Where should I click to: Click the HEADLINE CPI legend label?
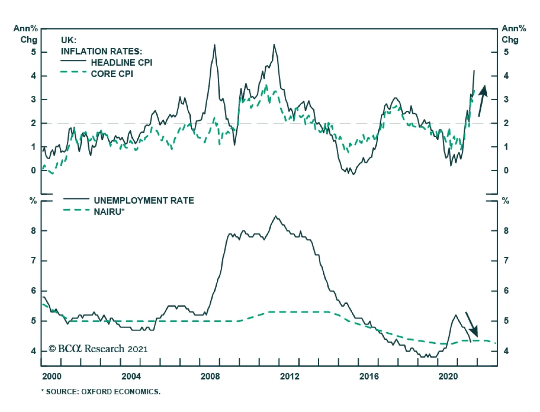(122, 63)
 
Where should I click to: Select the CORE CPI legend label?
(112, 74)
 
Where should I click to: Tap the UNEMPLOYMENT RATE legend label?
(144, 200)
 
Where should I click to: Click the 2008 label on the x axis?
(210, 376)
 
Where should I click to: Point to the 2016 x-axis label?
(369, 376)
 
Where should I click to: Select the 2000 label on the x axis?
(52, 376)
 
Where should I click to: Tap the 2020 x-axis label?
(448, 376)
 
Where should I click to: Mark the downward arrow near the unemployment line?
(472, 324)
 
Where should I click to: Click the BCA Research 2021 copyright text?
(98, 349)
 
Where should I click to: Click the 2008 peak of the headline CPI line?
(215, 45)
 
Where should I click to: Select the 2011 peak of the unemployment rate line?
(276, 216)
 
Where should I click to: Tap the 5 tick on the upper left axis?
(33, 52)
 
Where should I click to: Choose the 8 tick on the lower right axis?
(506, 231)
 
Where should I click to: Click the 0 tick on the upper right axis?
(506, 171)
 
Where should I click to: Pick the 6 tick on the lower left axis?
(33, 291)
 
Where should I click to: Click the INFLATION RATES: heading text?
(101, 51)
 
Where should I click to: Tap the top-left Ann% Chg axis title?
(26, 34)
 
